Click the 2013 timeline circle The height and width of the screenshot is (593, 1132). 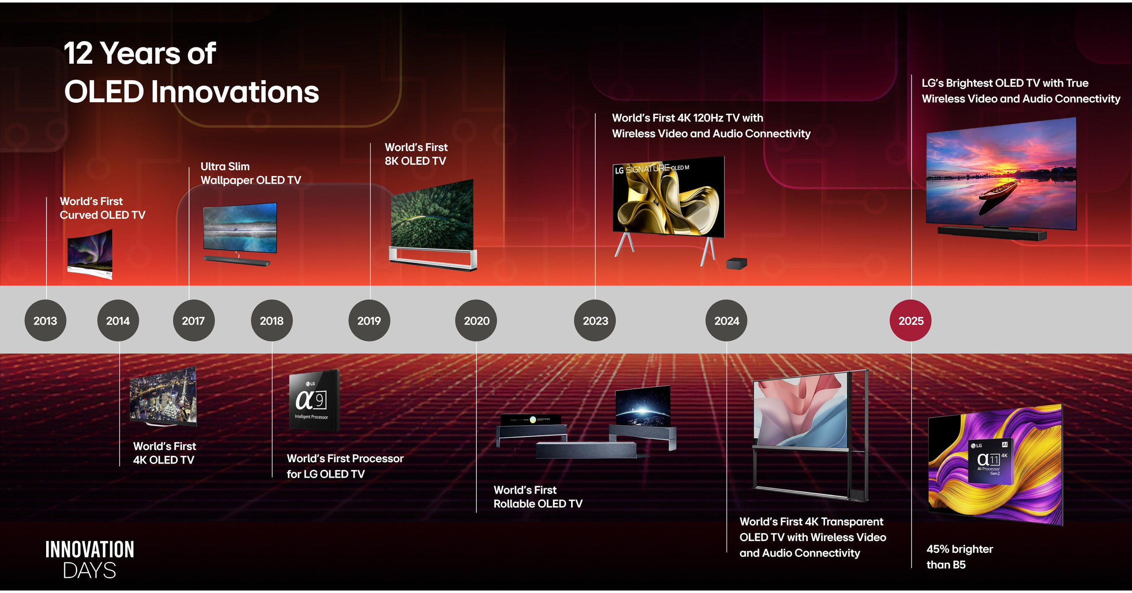[45, 320]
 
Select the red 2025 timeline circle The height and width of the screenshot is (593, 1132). [911, 320]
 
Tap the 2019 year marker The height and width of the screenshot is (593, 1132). [369, 320]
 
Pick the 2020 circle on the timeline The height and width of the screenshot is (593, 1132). [476, 320]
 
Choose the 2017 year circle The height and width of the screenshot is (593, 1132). [194, 320]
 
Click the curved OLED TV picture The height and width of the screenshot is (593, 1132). [90, 254]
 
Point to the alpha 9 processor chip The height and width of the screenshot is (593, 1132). [314, 400]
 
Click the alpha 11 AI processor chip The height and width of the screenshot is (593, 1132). [990, 460]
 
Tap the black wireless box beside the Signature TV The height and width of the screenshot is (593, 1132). [737, 263]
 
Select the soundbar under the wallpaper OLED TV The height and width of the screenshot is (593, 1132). [237, 261]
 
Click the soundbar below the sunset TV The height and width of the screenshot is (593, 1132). [992, 233]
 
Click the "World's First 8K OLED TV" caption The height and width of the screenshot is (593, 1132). [416, 154]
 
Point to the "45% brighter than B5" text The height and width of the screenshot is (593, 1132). [959, 557]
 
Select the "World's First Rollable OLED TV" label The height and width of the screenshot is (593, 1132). [538, 497]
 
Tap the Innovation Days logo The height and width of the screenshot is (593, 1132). [90, 559]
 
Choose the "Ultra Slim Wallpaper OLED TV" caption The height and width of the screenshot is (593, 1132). [250, 173]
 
